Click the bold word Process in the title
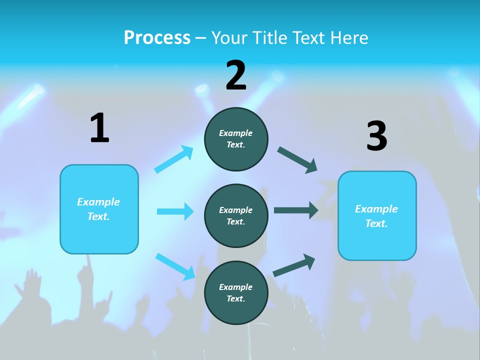pyautogui.click(x=157, y=37)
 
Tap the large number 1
pyautogui.click(x=99, y=128)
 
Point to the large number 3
pyautogui.click(x=376, y=136)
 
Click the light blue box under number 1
pyautogui.click(x=99, y=209)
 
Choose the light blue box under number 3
pyautogui.click(x=377, y=215)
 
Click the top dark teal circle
pyautogui.click(x=236, y=139)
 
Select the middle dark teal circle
pyautogui.click(x=236, y=215)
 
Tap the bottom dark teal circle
pyautogui.click(x=236, y=292)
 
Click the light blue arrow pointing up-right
pyautogui.click(x=174, y=159)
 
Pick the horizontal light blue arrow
pyautogui.click(x=175, y=211)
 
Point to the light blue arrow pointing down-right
pyautogui.click(x=175, y=266)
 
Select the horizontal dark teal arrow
pyautogui.click(x=295, y=210)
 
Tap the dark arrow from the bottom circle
pyautogui.click(x=294, y=265)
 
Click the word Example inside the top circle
pyautogui.click(x=236, y=133)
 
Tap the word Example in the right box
pyautogui.click(x=376, y=209)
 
